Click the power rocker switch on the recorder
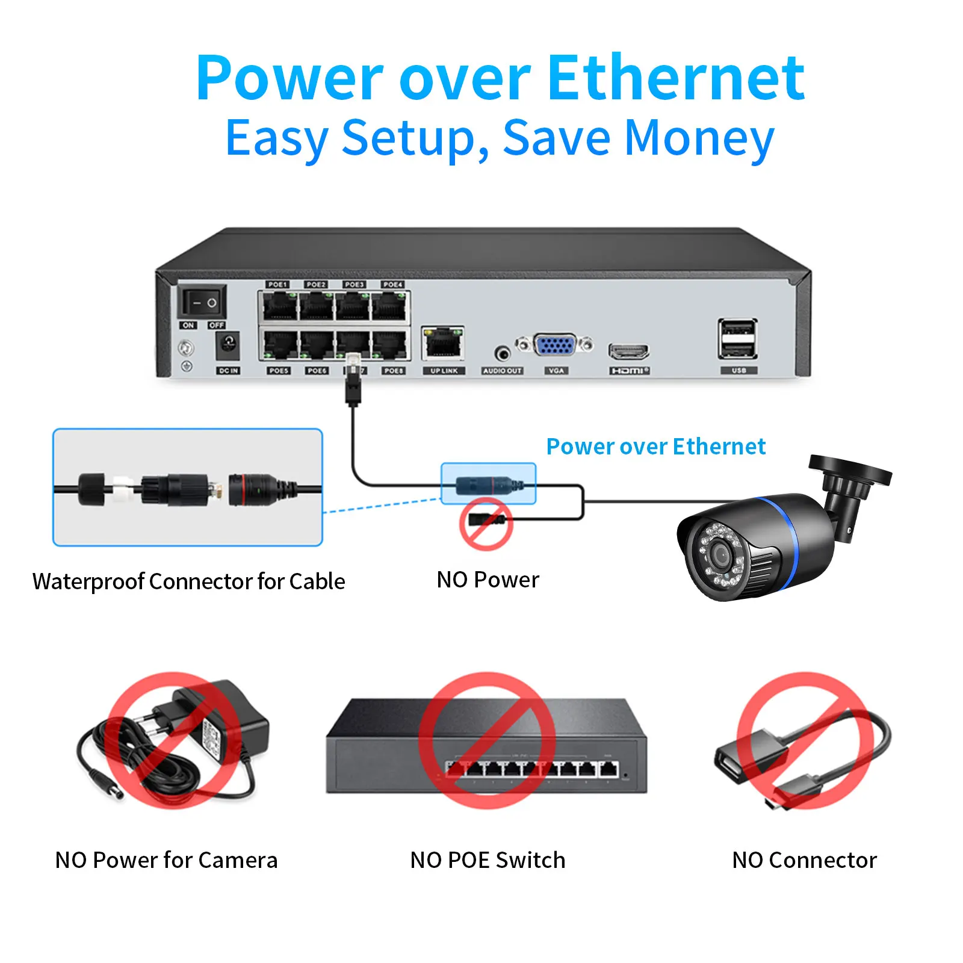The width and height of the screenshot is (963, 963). click(202, 302)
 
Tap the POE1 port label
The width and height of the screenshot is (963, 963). click(277, 284)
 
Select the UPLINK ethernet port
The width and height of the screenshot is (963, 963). click(443, 344)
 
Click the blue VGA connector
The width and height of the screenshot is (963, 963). click(554, 345)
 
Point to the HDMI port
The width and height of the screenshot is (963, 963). click(628, 351)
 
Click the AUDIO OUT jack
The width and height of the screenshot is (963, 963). click(502, 353)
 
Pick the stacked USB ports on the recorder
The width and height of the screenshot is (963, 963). click(738, 339)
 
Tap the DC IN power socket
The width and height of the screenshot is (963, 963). click(228, 345)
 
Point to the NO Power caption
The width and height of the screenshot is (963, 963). click(488, 580)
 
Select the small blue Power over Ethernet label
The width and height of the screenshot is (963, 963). click(655, 447)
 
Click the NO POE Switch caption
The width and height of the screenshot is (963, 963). click(488, 860)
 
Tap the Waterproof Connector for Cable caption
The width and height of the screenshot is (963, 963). click(188, 581)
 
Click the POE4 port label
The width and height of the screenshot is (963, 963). click(393, 284)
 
